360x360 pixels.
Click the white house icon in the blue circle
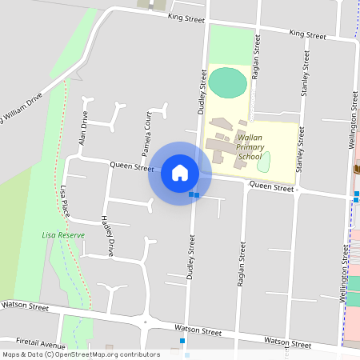[x=179, y=173]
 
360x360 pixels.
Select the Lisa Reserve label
[x=59, y=235]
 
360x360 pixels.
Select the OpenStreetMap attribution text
[x=81, y=354]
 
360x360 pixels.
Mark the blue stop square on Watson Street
[x=182, y=342]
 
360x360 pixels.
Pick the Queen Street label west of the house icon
[x=131, y=166]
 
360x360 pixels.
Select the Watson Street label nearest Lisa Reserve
[x=25, y=306]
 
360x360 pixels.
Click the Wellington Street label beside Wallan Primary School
[x=353, y=120]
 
